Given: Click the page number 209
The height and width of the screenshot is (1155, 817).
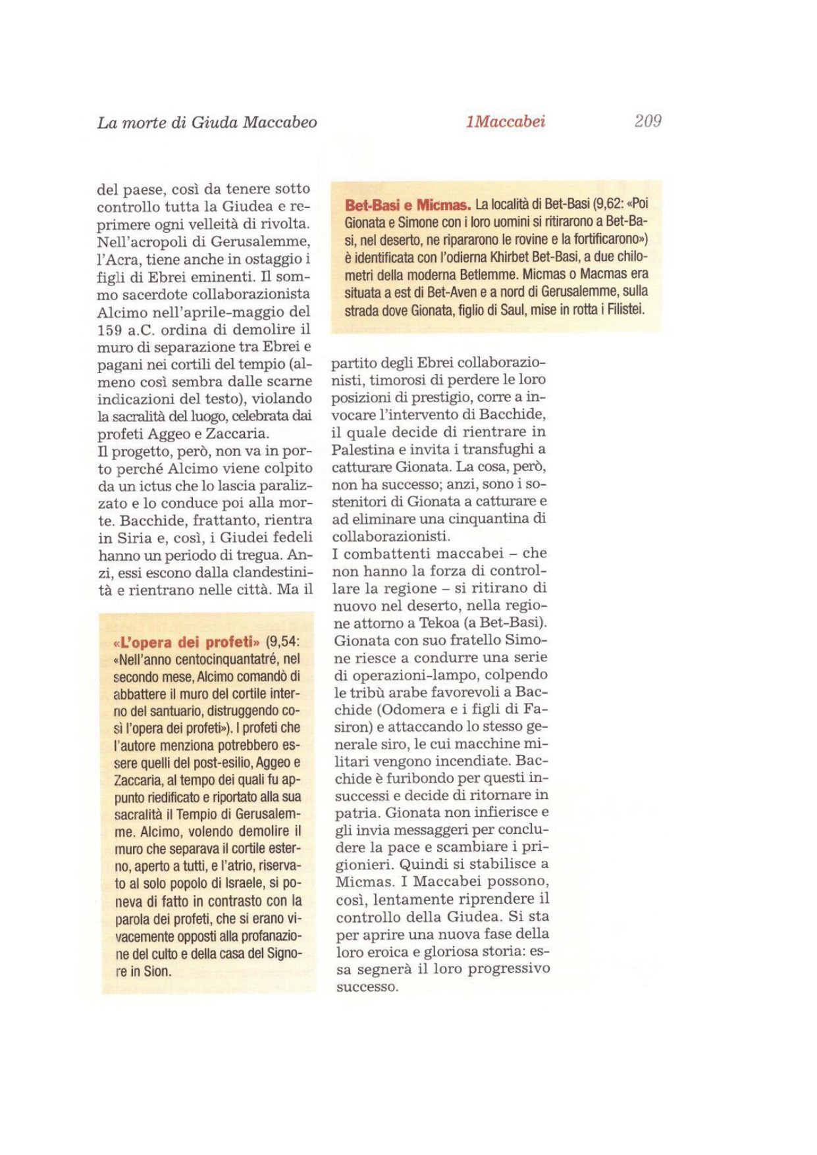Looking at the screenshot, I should (x=647, y=121).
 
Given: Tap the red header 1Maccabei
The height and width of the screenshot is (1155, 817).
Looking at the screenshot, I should (x=505, y=122).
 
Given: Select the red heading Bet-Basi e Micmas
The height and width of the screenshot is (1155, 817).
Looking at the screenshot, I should (x=408, y=205).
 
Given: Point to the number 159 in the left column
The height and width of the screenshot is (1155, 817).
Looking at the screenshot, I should (x=111, y=330).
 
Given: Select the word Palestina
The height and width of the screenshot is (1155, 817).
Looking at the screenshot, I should (x=363, y=449).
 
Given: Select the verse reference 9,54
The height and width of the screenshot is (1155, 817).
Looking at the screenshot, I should (x=282, y=642).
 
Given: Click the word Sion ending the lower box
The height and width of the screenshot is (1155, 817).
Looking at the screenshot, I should (x=158, y=971).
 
